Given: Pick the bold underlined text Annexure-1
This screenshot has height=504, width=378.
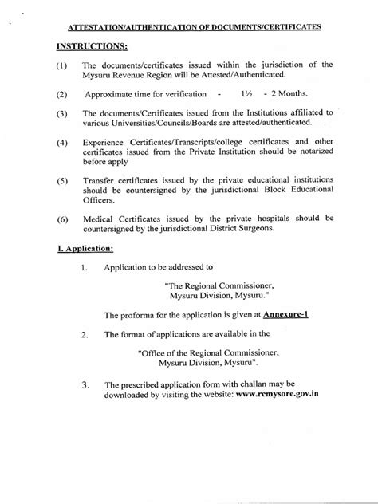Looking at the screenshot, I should [285, 315].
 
